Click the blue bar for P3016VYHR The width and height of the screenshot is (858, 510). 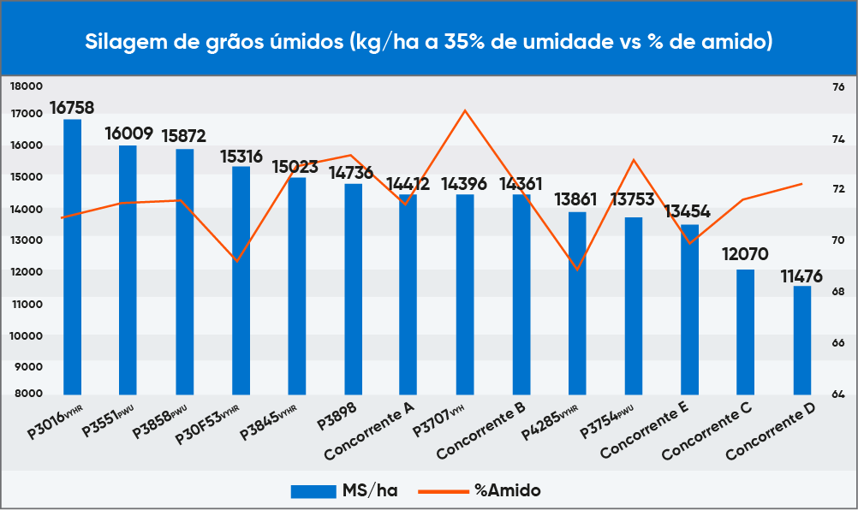point(73,257)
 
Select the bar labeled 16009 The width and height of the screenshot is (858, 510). point(128,270)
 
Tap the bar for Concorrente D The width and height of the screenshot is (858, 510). point(801,340)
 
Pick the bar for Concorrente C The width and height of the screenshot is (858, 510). point(746,332)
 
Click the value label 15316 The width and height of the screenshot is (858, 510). point(241,156)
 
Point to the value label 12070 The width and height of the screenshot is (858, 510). point(745,254)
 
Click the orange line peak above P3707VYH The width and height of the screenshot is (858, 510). point(465,110)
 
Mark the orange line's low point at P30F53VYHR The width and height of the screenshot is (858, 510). point(237,260)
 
